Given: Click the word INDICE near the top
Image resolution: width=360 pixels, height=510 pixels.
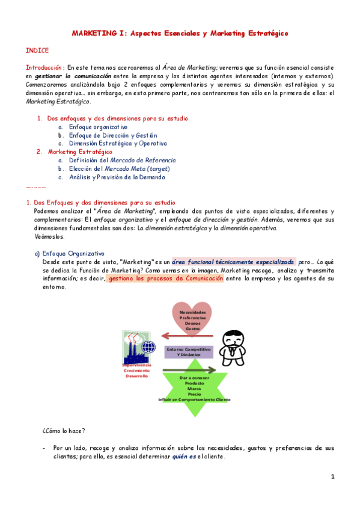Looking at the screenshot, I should (37, 51).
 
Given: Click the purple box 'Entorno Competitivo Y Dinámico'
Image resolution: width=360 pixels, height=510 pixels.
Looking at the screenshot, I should (189, 352).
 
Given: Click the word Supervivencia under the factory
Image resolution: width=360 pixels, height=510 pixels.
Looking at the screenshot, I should (136, 365).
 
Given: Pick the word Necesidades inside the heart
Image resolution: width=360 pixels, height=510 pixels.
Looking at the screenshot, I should (196, 313).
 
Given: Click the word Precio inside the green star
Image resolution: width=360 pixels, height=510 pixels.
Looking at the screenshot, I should (194, 394).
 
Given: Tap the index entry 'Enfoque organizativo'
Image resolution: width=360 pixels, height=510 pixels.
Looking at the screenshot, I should (98, 127).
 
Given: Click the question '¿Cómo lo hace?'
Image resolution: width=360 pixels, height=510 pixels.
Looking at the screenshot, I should (64, 431).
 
